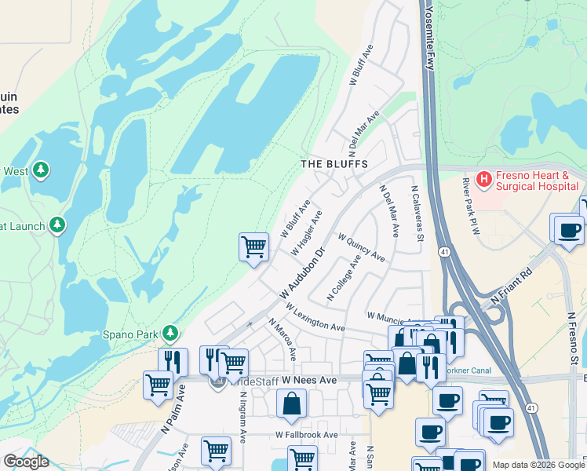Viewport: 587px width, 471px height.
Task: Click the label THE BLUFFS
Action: (334, 164)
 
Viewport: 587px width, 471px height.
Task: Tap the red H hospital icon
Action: (483, 180)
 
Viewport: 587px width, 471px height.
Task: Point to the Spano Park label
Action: (129, 334)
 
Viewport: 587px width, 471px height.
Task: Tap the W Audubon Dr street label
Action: (301, 274)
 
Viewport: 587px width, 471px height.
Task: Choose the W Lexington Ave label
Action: (315, 317)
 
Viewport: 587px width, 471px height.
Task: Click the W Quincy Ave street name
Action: (361, 246)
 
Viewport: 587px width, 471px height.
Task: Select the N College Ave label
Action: (344, 276)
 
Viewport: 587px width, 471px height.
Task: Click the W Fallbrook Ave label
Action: (306, 435)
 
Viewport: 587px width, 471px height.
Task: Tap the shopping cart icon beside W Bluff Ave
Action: (253, 247)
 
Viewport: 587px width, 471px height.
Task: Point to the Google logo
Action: (26, 462)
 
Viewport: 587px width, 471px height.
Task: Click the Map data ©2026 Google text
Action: (538, 465)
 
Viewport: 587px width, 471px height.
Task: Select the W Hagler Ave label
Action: (306, 232)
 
